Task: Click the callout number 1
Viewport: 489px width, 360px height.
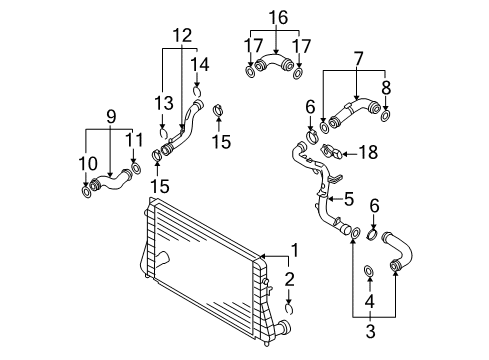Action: click(x=295, y=250)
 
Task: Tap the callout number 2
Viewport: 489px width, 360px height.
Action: click(x=289, y=279)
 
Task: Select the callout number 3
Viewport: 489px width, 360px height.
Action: click(x=370, y=331)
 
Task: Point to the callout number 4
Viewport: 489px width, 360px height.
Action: click(x=369, y=301)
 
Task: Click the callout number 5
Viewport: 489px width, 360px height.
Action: click(x=349, y=199)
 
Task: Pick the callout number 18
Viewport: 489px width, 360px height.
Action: click(x=368, y=152)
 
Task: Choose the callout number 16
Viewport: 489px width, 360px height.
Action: click(x=278, y=17)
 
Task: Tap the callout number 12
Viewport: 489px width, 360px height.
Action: click(x=182, y=35)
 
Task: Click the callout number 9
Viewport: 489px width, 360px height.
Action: click(x=111, y=117)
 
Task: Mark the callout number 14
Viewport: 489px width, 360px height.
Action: click(x=200, y=64)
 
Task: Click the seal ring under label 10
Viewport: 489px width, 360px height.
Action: click(x=86, y=192)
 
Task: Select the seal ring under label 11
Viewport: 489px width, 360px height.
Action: click(x=136, y=168)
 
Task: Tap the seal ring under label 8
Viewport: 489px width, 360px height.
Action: click(x=385, y=116)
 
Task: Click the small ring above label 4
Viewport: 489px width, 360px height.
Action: click(x=369, y=271)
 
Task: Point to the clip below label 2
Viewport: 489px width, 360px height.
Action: click(x=289, y=309)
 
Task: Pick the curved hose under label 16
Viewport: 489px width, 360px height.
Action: click(x=274, y=62)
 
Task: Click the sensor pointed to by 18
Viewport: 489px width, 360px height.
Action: click(x=331, y=152)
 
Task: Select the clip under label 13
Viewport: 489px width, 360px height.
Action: click(x=163, y=132)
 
